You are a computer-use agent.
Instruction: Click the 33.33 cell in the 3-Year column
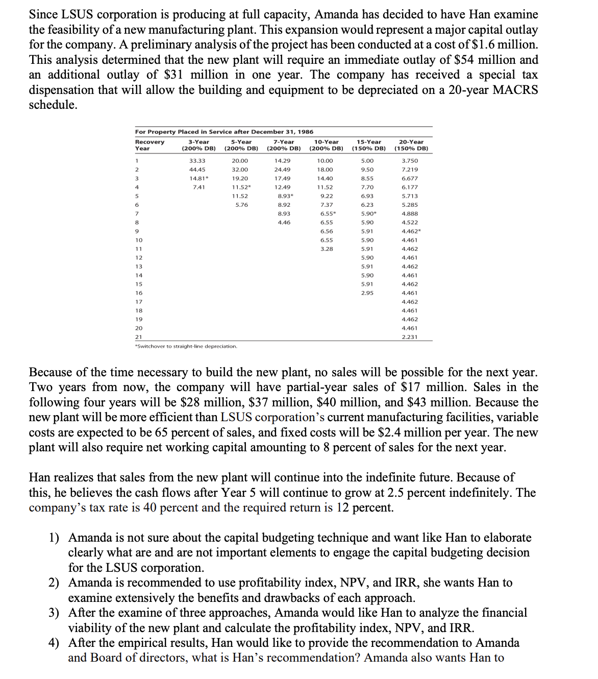[x=197, y=161]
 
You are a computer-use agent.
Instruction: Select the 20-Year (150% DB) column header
[x=411, y=145]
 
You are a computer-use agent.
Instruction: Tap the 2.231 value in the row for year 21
[x=409, y=337]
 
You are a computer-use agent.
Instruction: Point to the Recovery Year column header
[x=149, y=145]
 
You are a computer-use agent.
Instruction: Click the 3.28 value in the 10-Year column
[x=327, y=249]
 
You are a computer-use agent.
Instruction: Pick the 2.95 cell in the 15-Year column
[x=367, y=293]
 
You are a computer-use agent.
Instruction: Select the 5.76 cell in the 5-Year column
[x=241, y=205]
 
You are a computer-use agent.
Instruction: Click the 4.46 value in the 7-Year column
[x=284, y=223]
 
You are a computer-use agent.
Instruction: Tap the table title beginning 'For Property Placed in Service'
[x=224, y=132]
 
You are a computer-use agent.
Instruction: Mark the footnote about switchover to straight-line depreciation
[x=186, y=347]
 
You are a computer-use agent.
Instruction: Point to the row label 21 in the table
[x=138, y=337]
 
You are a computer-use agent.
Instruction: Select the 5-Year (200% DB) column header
[x=241, y=145]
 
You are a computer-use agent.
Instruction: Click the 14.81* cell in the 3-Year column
[x=198, y=179]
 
